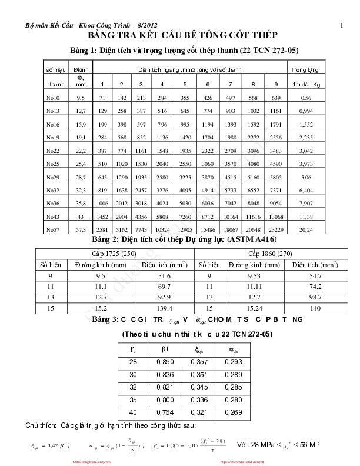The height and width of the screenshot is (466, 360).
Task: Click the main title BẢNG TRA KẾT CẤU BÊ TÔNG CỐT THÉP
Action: point(180,36)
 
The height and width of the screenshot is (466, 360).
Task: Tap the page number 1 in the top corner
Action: point(341,25)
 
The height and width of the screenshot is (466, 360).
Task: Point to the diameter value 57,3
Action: point(81,229)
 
